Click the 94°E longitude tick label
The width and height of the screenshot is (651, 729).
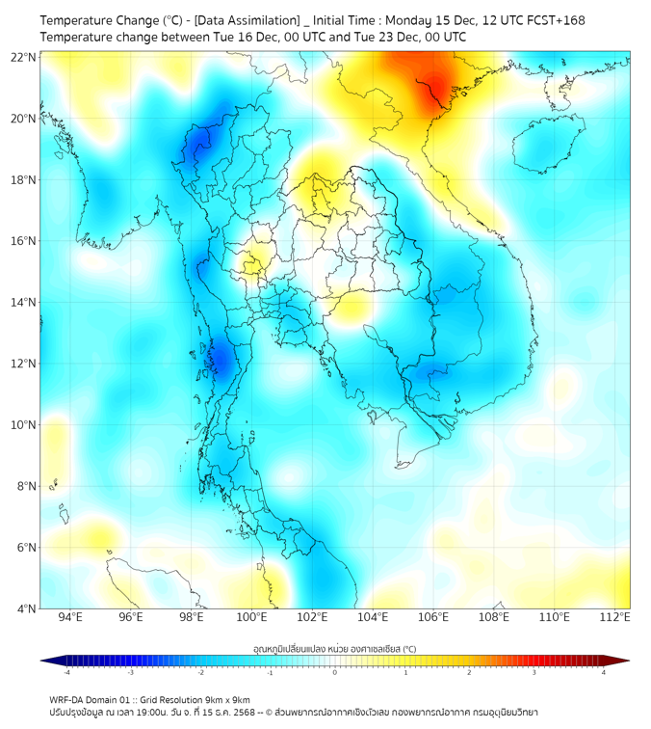pyautogui.click(x=70, y=617)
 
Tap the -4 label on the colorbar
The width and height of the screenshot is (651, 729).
pyautogui.click(x=65, y=672)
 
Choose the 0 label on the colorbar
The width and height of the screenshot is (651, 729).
pyautogui.click(x=335, y=672)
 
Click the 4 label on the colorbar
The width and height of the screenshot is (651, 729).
pyautogui.click(x=604, y=672)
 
